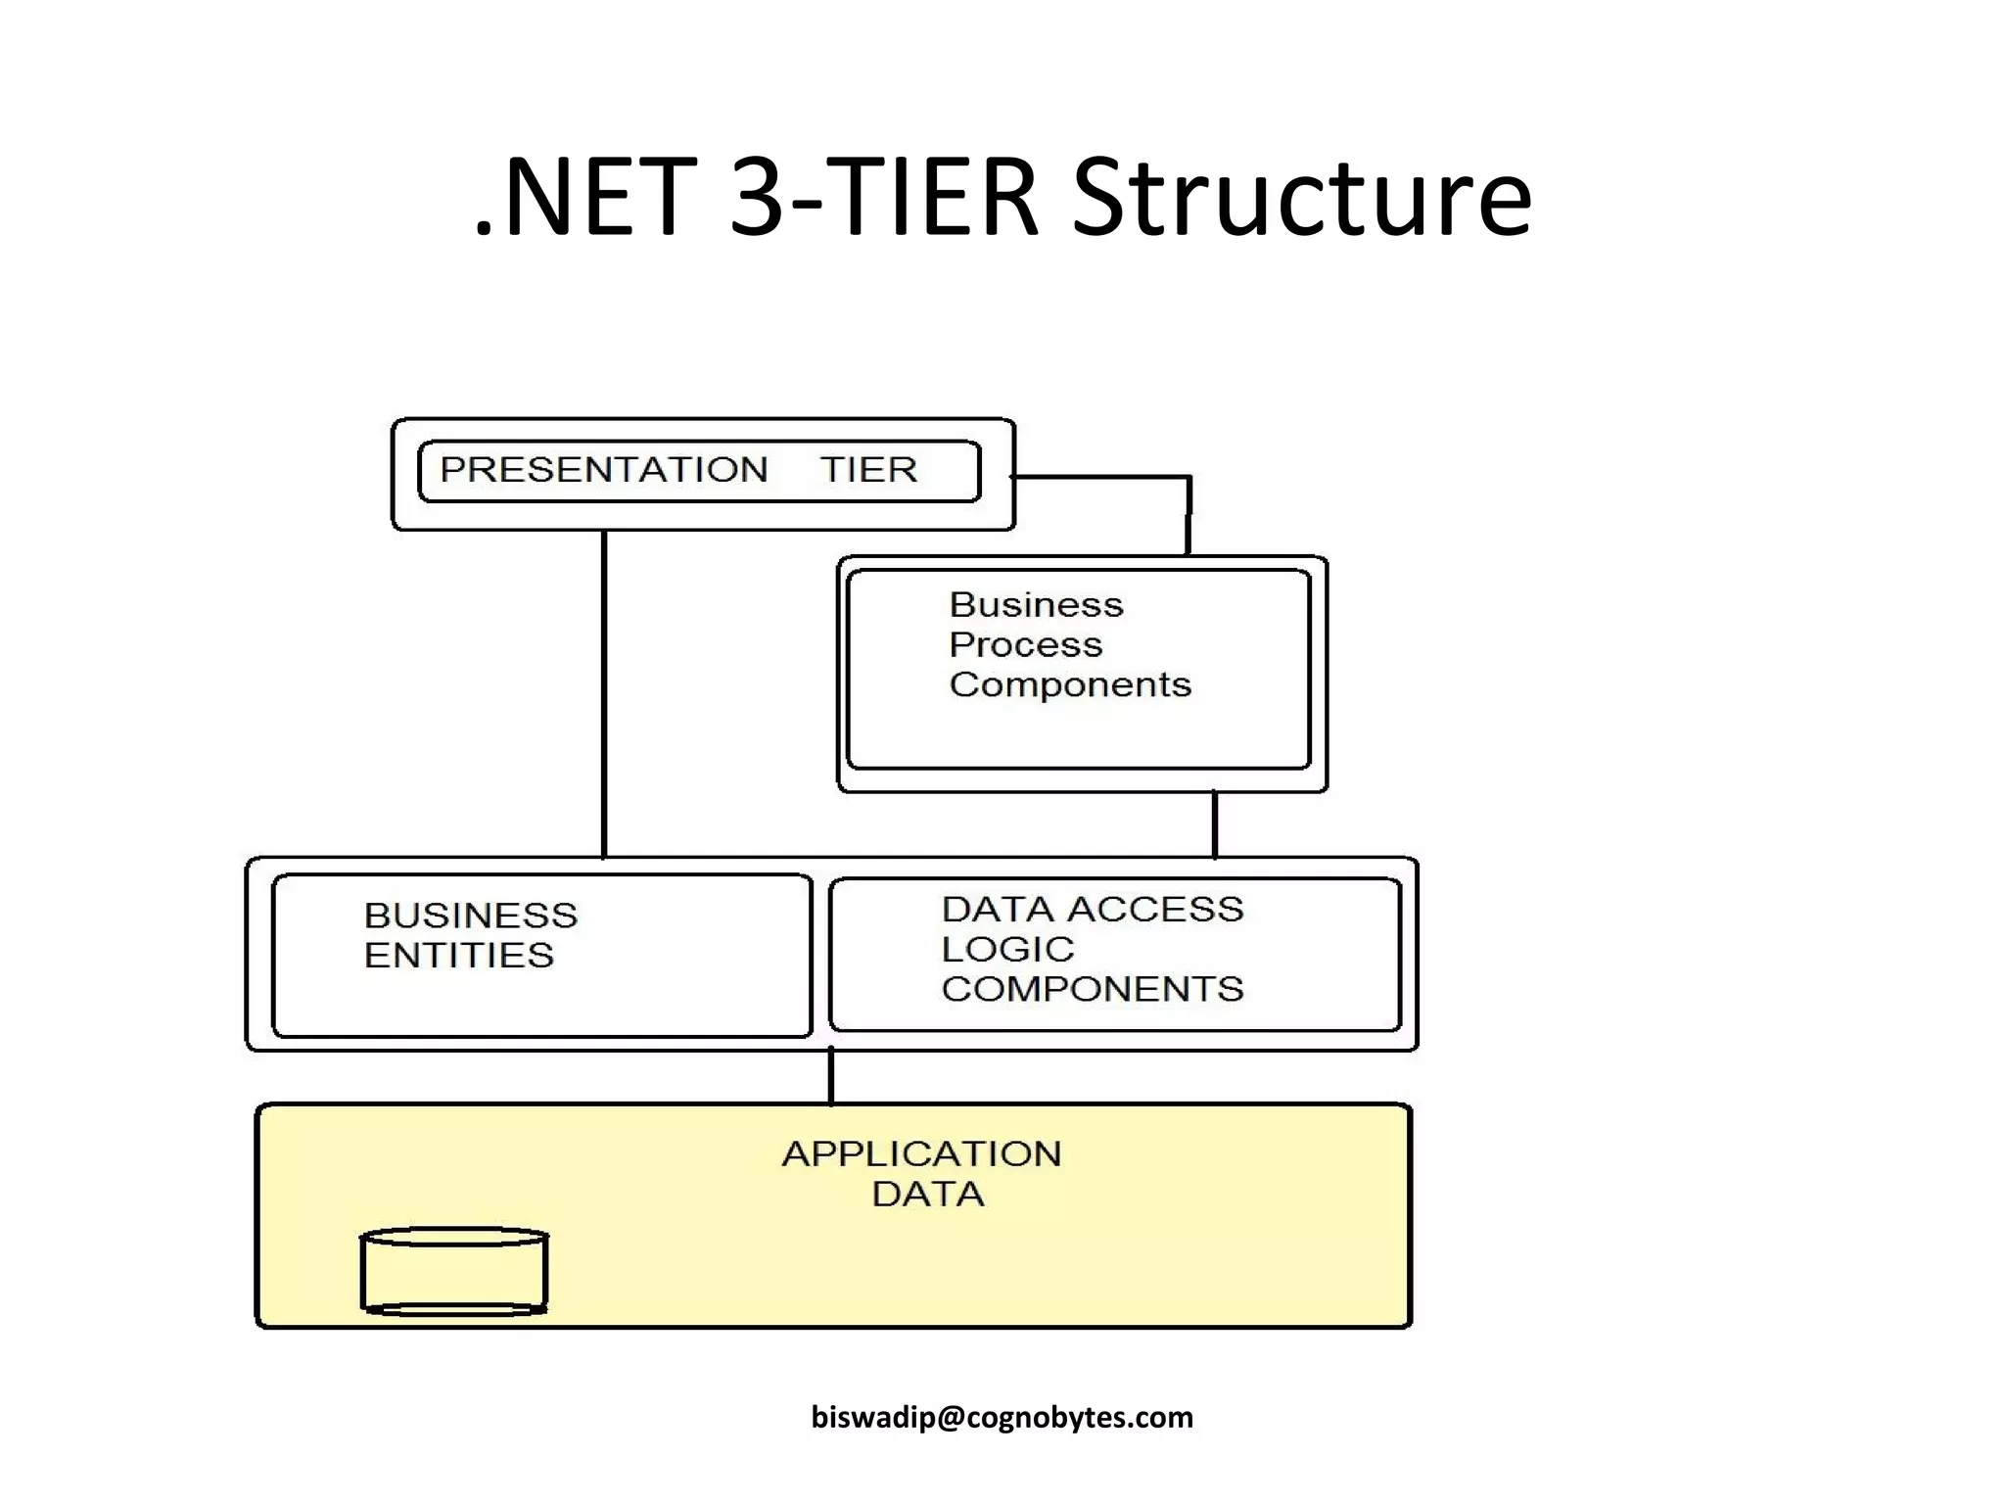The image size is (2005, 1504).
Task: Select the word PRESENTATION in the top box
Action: pos(603,470)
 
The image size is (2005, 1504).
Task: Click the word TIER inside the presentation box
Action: pos(868,470)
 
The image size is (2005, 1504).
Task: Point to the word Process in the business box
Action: pos(1025,645)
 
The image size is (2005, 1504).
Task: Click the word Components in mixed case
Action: pos(1070,684)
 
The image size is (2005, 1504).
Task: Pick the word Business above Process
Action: pos(1036,605)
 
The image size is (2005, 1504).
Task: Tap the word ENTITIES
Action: pos(458,956)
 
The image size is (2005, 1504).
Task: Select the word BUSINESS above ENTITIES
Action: pos(471,916)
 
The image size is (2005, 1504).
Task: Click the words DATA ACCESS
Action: pos(1092,910)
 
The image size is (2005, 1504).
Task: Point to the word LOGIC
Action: pos(1007,950)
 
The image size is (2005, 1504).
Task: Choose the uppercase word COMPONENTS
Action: pos(1092,989)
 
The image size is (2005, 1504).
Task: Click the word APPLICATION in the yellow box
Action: pos(921,1154)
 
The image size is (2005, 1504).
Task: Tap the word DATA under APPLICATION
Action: pos(927,1195)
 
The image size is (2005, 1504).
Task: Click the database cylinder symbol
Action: pos(454,1271)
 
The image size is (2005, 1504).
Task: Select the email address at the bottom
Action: pos(1002,1417)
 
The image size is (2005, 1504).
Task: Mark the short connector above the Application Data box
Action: pos(831,1076)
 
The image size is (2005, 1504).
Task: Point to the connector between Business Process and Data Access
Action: pos(1215,824)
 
